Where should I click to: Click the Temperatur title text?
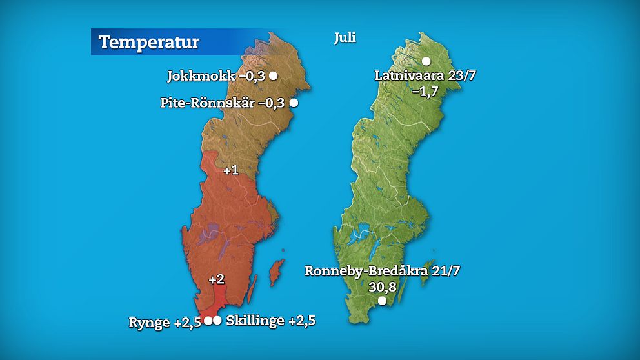(149, 43)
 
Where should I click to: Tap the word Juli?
(345, 37)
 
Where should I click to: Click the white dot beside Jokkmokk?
(274, 75)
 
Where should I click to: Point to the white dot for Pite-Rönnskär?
(294, 103)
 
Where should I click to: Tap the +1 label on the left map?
(230, 170)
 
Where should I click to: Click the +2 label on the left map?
(216, 279)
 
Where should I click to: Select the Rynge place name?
(149, 321)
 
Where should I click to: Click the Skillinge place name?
(255, 321)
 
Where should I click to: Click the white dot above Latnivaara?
(426, 61)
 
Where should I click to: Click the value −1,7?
(425, 91)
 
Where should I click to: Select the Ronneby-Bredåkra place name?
(367, 271)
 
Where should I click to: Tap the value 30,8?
(381, 286)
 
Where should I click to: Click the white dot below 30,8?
(382, 301)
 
